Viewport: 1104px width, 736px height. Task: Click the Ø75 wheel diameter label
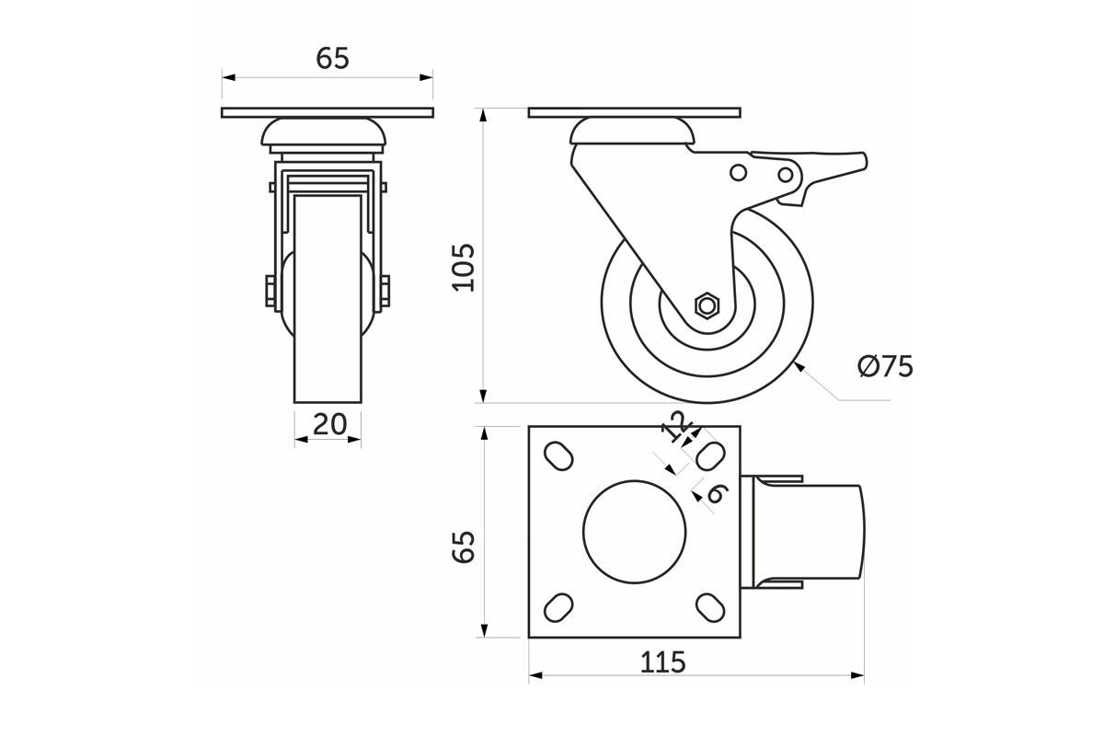click(885, 366)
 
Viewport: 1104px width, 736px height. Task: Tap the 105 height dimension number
click(464, 268)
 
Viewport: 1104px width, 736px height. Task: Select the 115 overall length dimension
click(663, 662)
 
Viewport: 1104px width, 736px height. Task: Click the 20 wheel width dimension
click(329, 424)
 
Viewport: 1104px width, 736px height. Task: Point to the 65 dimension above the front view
click(333, 58)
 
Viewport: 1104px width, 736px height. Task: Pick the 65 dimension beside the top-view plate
click(464, 546)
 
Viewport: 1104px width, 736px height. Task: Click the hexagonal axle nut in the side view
click(707, 305)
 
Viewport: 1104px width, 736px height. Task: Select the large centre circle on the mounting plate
click(634, 532)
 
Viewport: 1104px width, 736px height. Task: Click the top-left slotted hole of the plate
click(558, 456)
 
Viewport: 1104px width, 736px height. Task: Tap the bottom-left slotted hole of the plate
click(558, 607)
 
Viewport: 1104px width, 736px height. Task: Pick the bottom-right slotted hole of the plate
click(710, 607)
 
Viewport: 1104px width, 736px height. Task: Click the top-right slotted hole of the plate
click(710, 456)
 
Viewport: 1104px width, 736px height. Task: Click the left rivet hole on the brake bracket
click(738, 173)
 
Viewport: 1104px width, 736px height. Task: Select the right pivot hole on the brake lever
click(786, 175)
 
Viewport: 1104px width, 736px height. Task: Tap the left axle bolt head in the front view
click(270, 291)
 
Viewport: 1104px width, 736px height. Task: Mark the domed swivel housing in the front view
click(323, 132)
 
